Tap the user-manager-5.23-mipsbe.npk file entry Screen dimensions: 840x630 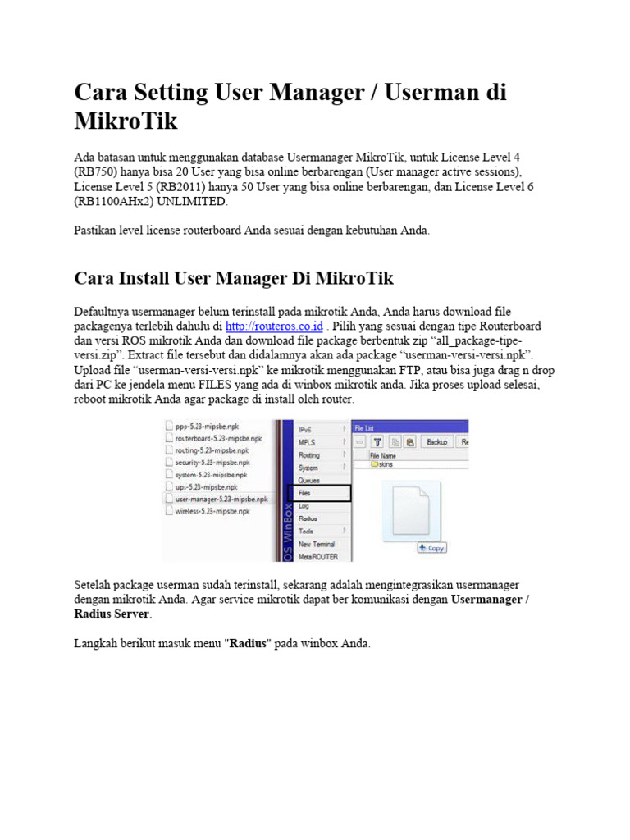point(221,498)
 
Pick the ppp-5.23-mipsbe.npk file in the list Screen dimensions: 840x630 point(208,426)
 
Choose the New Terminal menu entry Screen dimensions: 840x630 point(317,544)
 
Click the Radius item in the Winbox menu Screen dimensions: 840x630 point(309,518)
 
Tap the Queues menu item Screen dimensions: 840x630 point(310,480)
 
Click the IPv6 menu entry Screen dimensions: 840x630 point(307,429)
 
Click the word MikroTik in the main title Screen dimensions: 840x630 point(126,121)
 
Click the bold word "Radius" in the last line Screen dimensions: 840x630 point(249,644)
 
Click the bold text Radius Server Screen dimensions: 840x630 point(112,614)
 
